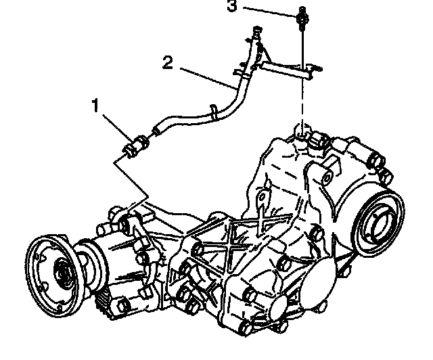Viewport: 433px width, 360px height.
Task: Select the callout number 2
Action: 168,64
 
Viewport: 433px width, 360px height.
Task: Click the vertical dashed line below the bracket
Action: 302,102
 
